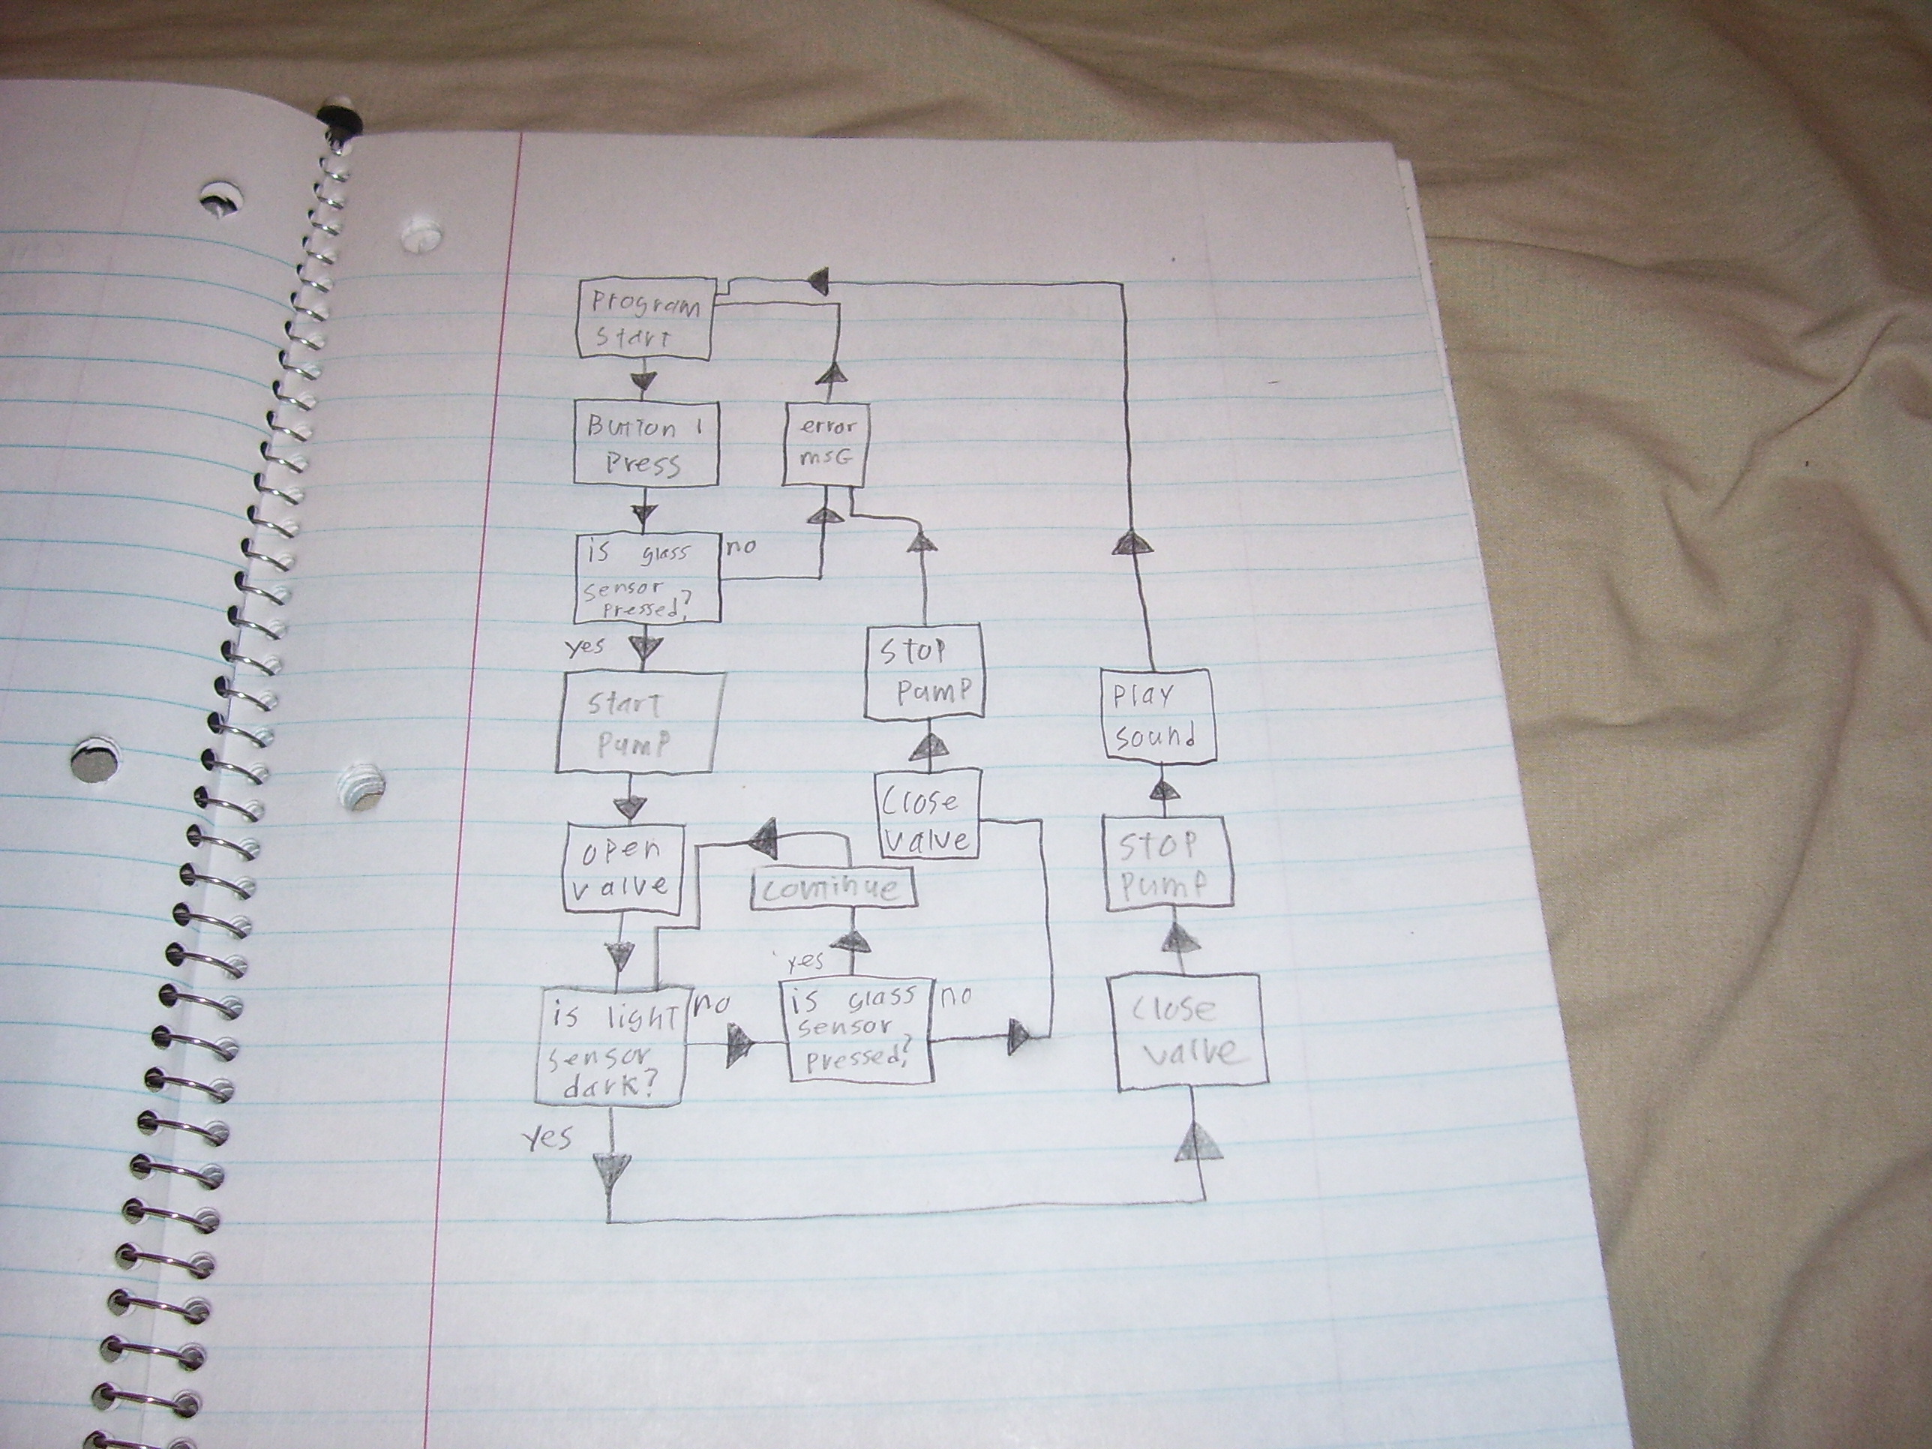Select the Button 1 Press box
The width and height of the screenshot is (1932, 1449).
coord(646,444)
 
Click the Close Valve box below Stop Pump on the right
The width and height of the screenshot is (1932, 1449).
coord(1191,1031)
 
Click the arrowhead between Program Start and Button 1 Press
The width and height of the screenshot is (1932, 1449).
coord(643,380)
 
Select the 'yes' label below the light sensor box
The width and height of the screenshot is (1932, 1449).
coord(548,1136)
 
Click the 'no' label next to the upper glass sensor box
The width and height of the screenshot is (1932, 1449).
coord(739,547)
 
